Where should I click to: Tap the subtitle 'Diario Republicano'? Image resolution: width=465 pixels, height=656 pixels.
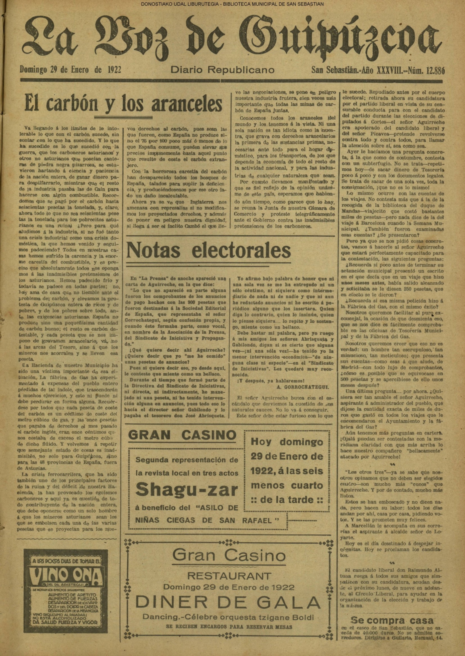click(x=222, y=70)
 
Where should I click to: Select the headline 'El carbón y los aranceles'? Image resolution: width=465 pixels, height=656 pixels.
click(x=123, y=105)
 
